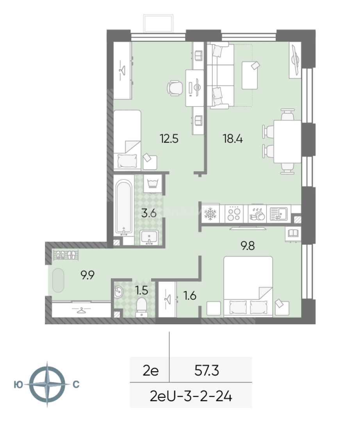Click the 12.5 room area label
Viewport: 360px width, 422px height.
point(169,139)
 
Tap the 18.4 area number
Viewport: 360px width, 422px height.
point(233,139)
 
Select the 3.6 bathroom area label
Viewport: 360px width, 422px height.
point(149,213)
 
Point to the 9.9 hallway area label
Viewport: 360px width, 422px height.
point(87,275)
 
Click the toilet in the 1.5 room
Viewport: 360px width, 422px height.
point(141,308)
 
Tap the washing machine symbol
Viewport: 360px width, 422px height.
point(153,184)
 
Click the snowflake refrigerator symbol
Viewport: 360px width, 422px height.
point(210,214)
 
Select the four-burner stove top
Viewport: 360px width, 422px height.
point(233,214)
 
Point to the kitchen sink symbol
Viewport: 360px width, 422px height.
point(278,214)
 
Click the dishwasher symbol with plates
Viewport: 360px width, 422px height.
point(257,214)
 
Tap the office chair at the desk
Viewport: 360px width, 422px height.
point(175,88)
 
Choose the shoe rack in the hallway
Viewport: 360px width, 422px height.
point(66,255)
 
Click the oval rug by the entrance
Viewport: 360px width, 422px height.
point(58,280)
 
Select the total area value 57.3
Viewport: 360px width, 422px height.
point(207,370)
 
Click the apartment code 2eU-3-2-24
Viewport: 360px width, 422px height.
point(191,396)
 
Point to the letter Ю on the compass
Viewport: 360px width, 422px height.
point(18,385)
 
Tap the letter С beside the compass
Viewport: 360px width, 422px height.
point(76,384)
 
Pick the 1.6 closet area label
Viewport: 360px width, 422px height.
point(190,296)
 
